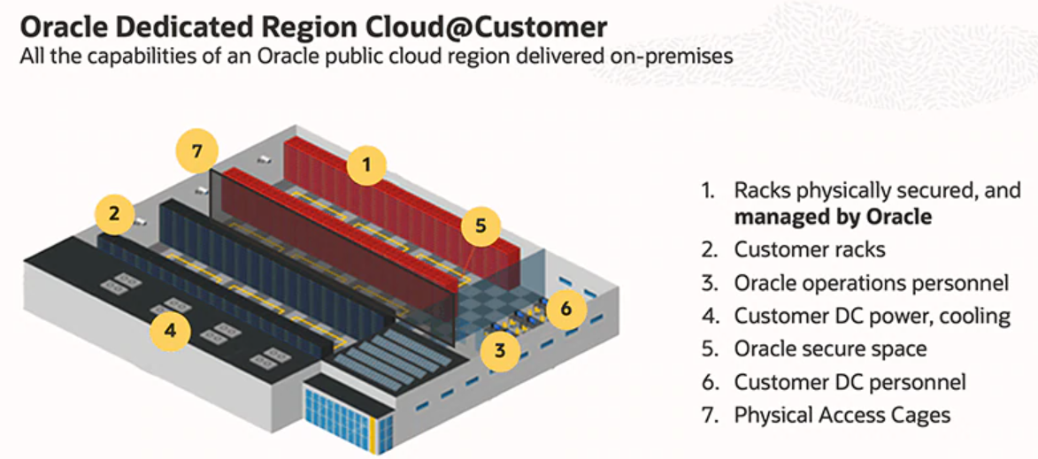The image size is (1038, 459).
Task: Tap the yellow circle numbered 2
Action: point(114,213)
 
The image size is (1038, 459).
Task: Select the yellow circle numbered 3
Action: point(501,349)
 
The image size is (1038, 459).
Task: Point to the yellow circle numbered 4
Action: point(171,331)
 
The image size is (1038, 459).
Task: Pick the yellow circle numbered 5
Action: point(481,226)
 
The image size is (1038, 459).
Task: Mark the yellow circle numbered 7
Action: point(198,150)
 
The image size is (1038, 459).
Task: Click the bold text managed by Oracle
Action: point(833,217)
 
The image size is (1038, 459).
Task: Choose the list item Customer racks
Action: point(809,249)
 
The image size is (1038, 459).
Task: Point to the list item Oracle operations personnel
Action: point(871,283)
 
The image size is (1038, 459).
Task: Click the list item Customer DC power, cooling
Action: point(872,316)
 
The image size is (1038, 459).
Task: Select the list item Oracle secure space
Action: point(830,348)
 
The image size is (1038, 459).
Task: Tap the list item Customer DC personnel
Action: point(850,382)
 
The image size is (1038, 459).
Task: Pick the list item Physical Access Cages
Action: point(842,415)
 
